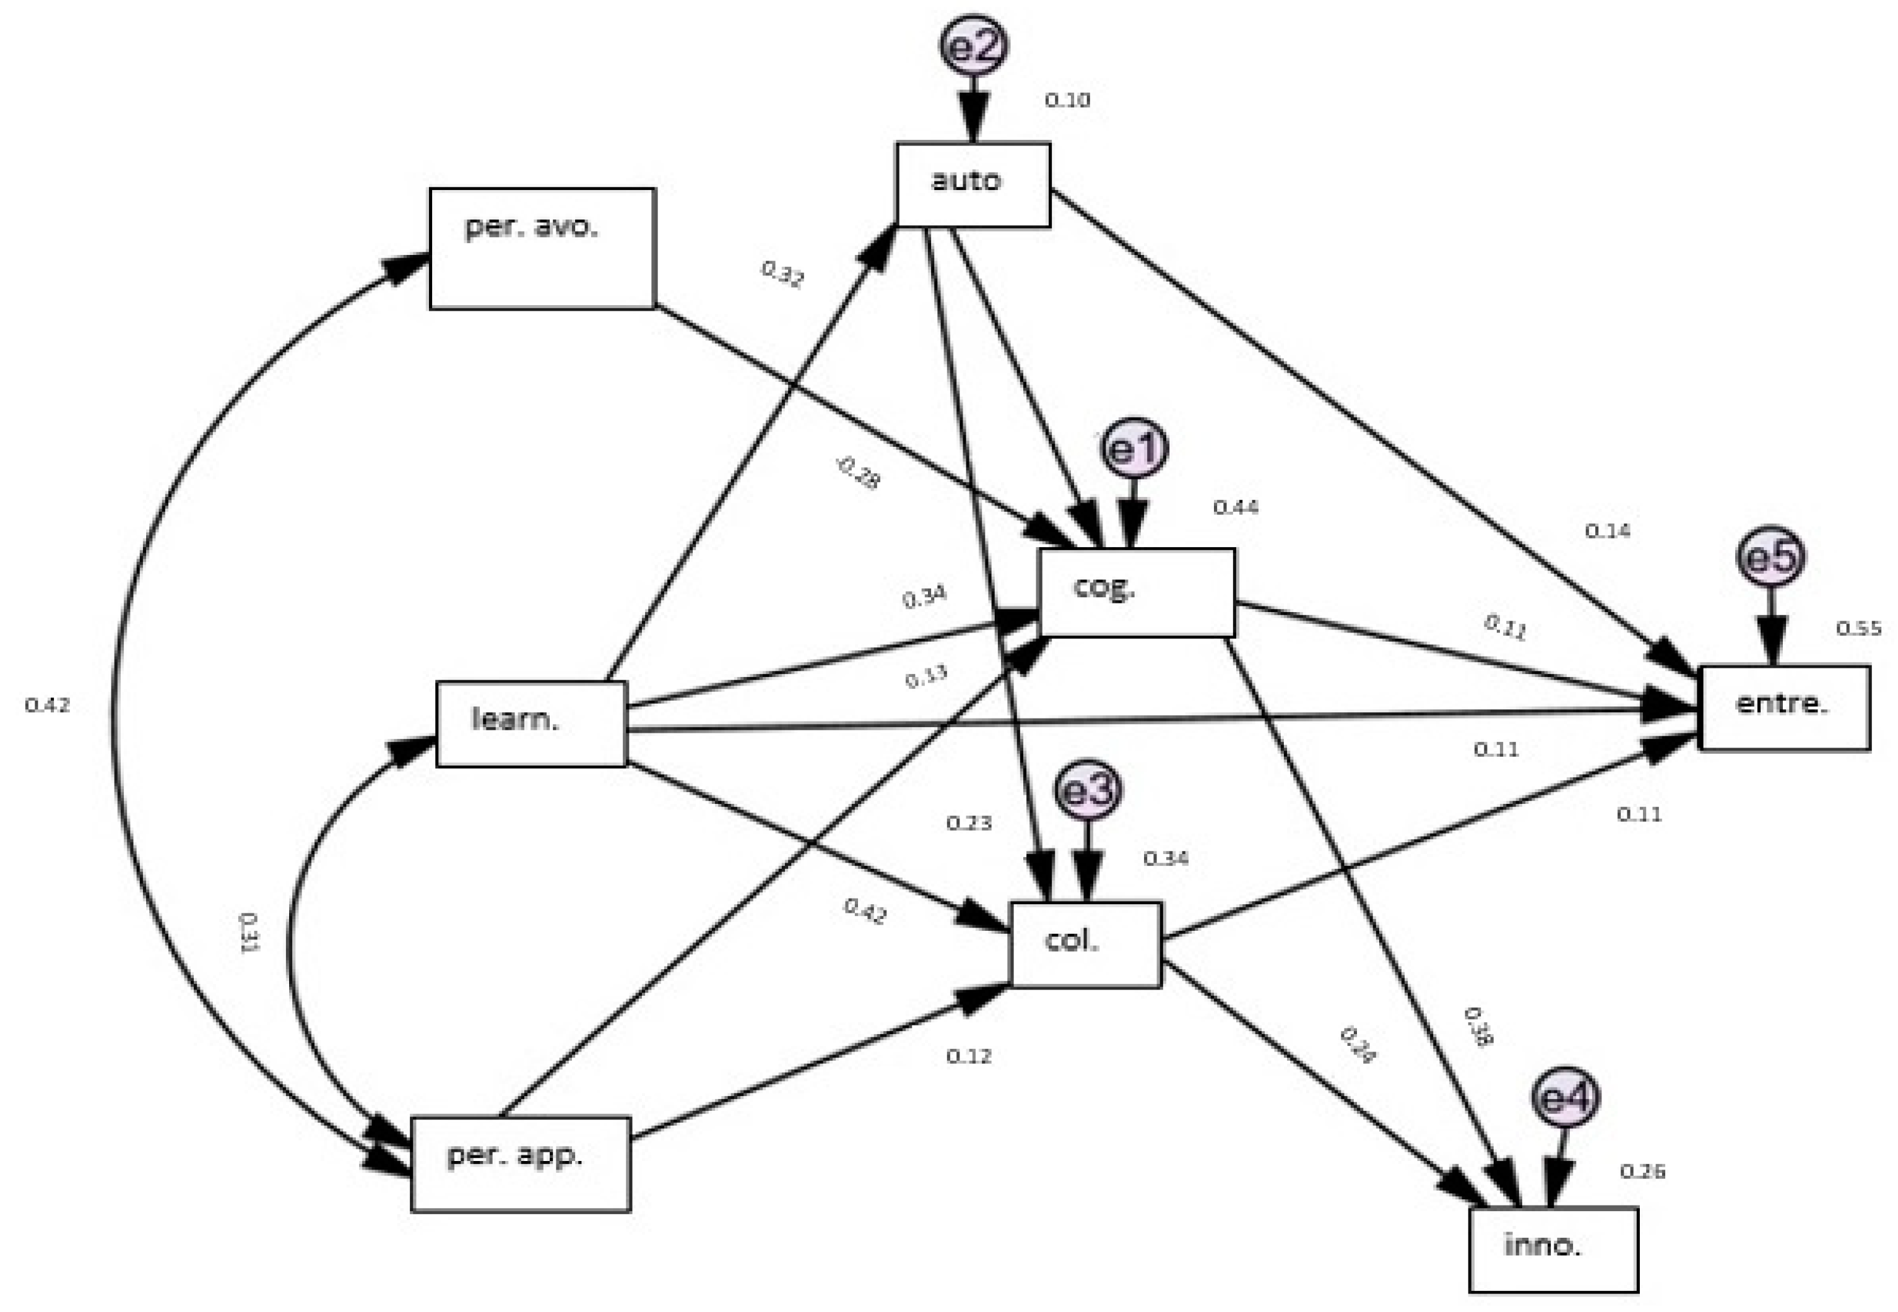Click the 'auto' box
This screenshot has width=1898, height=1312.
973,184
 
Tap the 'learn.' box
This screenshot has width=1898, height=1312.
531,723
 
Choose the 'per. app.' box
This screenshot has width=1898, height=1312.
521,1163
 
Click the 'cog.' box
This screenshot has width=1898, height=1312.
1137,592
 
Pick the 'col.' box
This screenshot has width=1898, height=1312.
1086,944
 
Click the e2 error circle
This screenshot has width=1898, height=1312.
974,45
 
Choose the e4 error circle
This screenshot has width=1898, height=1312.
1566,1097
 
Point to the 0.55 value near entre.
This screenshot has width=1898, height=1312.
1858,629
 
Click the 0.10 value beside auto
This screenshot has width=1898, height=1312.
1067,100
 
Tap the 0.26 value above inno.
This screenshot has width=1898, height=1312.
1642,1172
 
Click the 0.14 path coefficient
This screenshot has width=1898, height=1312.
1608,531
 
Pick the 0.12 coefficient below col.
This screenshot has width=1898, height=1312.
969,1056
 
